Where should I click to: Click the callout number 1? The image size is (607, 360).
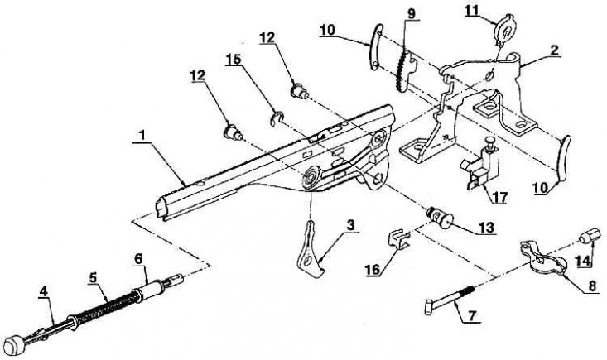[x=142, y=136]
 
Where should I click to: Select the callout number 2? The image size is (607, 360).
[x=554, y=50]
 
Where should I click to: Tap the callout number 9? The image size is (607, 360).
[x=411, y=13]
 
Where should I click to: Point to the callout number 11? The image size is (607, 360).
[x=471, y=11]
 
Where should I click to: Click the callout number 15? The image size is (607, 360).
[x=234, y=59]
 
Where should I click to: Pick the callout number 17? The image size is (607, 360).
[x=499, y=198]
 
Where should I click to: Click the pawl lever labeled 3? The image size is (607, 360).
[x=310, y=252]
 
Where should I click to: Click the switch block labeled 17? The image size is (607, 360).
[x=481, y=165]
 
